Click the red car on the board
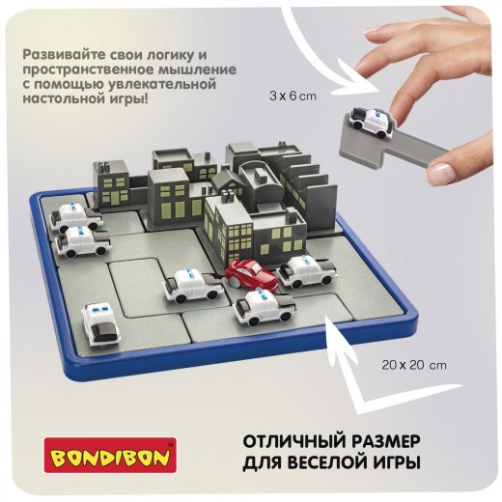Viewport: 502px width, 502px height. tap(251, 274)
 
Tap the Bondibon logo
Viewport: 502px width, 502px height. tap(110, 455)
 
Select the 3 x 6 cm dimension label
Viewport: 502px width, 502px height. tap(293, 97)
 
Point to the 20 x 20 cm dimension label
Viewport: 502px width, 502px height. tap(414, 365)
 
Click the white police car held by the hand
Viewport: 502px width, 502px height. tap(372, 122)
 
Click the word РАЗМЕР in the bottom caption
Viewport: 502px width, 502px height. tap(384, 441)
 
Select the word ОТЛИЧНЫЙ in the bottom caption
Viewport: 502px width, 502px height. tap(293, 441)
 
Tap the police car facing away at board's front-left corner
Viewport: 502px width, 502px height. tap(99, 326)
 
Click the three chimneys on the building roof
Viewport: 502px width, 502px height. tap(228, 195)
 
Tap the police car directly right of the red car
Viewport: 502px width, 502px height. tap(306, 271)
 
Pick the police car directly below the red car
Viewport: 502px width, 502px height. tap(265, 306)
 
